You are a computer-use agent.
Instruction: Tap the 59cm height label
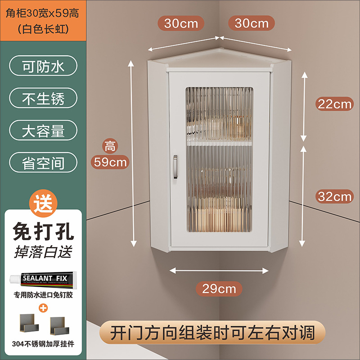[x=111, y=161]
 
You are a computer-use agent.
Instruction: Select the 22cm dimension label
[x=334, y=104]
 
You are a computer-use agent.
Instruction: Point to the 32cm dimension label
[x=334, y=196]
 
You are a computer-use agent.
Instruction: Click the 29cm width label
[x=219, y=288]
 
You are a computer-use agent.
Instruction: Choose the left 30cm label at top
[x=181, y=23]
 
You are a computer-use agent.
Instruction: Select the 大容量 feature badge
[x=43, y=130]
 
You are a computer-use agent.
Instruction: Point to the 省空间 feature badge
[x=43, y=163]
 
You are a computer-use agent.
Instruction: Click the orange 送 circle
[x=43, y=202]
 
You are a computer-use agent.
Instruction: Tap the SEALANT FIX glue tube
[x=44, y=279]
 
